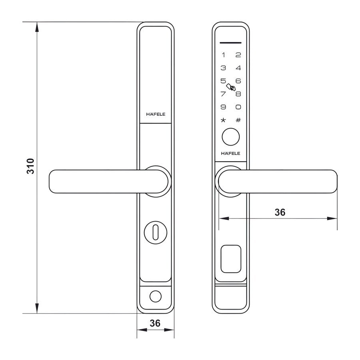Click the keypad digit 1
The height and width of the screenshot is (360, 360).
224,55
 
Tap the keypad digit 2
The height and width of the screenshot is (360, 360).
238,55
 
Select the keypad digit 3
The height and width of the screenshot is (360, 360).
224,68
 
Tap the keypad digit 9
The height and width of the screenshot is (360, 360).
224,107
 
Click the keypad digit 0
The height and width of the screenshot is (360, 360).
238,107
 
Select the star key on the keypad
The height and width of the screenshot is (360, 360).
224,120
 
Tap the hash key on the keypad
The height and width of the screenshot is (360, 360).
238,120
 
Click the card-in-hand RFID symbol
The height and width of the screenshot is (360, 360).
231,87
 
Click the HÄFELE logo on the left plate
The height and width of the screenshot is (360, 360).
156,114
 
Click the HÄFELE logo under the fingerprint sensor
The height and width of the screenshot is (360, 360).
231,153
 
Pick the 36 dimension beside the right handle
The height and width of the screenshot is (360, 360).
280,212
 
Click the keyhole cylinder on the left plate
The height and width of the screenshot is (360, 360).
156,231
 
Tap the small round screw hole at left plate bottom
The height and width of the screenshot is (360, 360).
155,297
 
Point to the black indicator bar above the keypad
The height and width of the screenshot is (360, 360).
231,42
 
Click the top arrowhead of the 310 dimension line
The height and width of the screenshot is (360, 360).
37,27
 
